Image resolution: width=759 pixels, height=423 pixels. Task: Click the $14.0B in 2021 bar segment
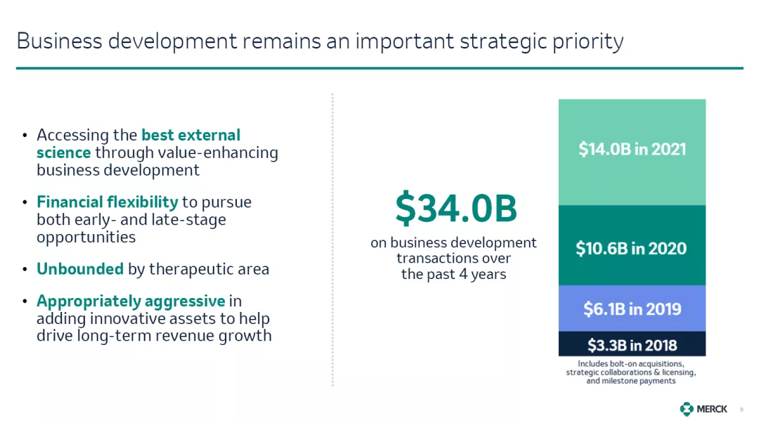632,152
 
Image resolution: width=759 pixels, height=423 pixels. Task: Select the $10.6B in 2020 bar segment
632,245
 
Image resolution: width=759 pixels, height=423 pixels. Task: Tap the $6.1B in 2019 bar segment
632,308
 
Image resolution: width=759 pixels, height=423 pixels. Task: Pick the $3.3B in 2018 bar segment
632,344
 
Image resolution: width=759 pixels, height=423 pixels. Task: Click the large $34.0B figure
456,208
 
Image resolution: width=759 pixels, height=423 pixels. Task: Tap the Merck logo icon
687,409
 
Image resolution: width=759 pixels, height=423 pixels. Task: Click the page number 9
741,410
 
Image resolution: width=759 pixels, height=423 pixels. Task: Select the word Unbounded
80,268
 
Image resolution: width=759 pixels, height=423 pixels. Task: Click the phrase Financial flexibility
108,202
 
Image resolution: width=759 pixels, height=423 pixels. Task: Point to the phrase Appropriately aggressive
131,301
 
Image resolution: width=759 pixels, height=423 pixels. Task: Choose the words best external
190,134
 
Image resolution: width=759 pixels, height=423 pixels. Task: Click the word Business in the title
59,41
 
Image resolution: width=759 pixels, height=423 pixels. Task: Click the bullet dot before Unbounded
25,269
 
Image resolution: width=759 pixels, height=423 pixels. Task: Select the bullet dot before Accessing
25,135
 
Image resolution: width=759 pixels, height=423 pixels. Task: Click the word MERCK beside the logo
711,410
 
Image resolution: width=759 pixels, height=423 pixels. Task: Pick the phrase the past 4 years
453,274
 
